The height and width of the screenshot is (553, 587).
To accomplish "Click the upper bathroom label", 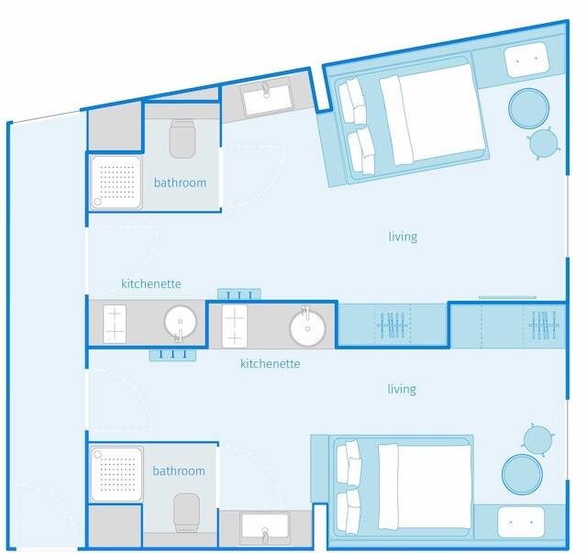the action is point(180,182).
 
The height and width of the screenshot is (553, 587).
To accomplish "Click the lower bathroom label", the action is point(179,470).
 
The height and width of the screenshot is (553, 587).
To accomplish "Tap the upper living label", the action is point(403,237).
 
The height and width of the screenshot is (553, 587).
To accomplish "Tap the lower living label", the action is point(402,390).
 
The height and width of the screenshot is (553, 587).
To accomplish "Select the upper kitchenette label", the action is point(151,283).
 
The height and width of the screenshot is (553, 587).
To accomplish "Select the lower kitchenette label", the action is point(271,363).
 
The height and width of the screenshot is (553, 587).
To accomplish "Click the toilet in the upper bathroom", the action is point(183,138).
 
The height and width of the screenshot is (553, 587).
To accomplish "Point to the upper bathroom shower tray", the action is point(116,182).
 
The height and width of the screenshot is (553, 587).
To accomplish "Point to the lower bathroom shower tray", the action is point(116,474).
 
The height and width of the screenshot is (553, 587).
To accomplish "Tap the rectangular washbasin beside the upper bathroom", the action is point(265,97).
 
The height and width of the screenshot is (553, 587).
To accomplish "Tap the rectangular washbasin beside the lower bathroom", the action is point(265,528).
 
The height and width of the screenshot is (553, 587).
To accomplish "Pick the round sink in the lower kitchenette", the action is point(307,328).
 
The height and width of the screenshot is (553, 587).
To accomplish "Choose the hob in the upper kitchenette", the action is point(115,324).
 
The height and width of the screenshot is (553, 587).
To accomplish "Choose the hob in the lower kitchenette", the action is point(235,326).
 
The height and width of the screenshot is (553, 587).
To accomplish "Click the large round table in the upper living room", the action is point(528,108).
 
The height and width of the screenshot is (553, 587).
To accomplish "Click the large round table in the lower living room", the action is point(522,474).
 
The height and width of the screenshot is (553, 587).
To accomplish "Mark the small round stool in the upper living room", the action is point(544,143).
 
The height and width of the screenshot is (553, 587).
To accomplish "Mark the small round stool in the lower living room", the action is point(537,440).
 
